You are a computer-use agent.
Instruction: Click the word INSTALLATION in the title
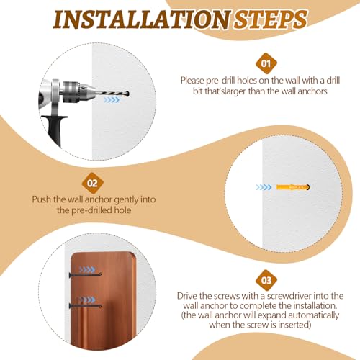[x=143, y=19]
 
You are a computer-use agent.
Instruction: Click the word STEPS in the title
[x=271, y=19]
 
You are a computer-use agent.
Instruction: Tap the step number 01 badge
[x=266, y=63]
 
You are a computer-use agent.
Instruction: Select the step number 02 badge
[x=92, y=183]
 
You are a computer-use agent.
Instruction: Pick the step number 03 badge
[x=266, y=280]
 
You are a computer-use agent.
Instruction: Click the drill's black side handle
[x=55, y=130]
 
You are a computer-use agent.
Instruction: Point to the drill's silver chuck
[x=74, y=92]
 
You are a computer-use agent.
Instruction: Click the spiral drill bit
[x=112, y=94]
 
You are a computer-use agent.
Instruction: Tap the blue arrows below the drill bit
[x=112, y=100]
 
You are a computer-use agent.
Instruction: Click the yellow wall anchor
[x=293, y=187]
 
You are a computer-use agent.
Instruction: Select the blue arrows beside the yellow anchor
[x=264, y=187]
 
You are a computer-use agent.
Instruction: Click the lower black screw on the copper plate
[x=86, y=306]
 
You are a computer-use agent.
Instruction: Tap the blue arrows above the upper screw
[x=87, y=269]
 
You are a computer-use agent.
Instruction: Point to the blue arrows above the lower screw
[x=87, y=300]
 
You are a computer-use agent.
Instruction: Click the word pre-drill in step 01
[x=221, y=81]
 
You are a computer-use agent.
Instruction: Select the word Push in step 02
[x=41, y=199]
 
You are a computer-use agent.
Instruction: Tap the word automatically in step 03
[x=313, y=315]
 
